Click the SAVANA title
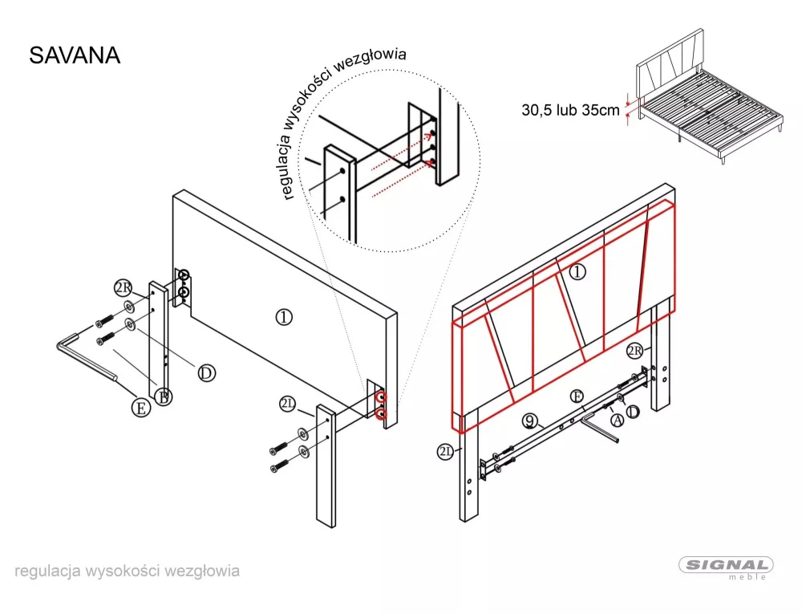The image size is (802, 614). [75, 55]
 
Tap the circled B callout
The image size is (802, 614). [163, 397]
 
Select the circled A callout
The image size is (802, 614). [617, 419]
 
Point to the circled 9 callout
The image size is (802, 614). [529, 420]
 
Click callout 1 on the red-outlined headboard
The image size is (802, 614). [577, 272]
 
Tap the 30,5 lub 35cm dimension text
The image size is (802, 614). [570, 111]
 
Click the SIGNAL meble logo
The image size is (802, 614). [727, 567]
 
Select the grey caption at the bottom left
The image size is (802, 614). [127, 571]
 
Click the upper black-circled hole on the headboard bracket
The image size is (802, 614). [184, 277]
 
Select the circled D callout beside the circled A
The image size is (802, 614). [633, 412]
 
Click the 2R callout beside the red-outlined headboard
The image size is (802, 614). [634, 351]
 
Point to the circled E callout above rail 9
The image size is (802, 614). [575, 396]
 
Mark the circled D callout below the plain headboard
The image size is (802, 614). [206, 372]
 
